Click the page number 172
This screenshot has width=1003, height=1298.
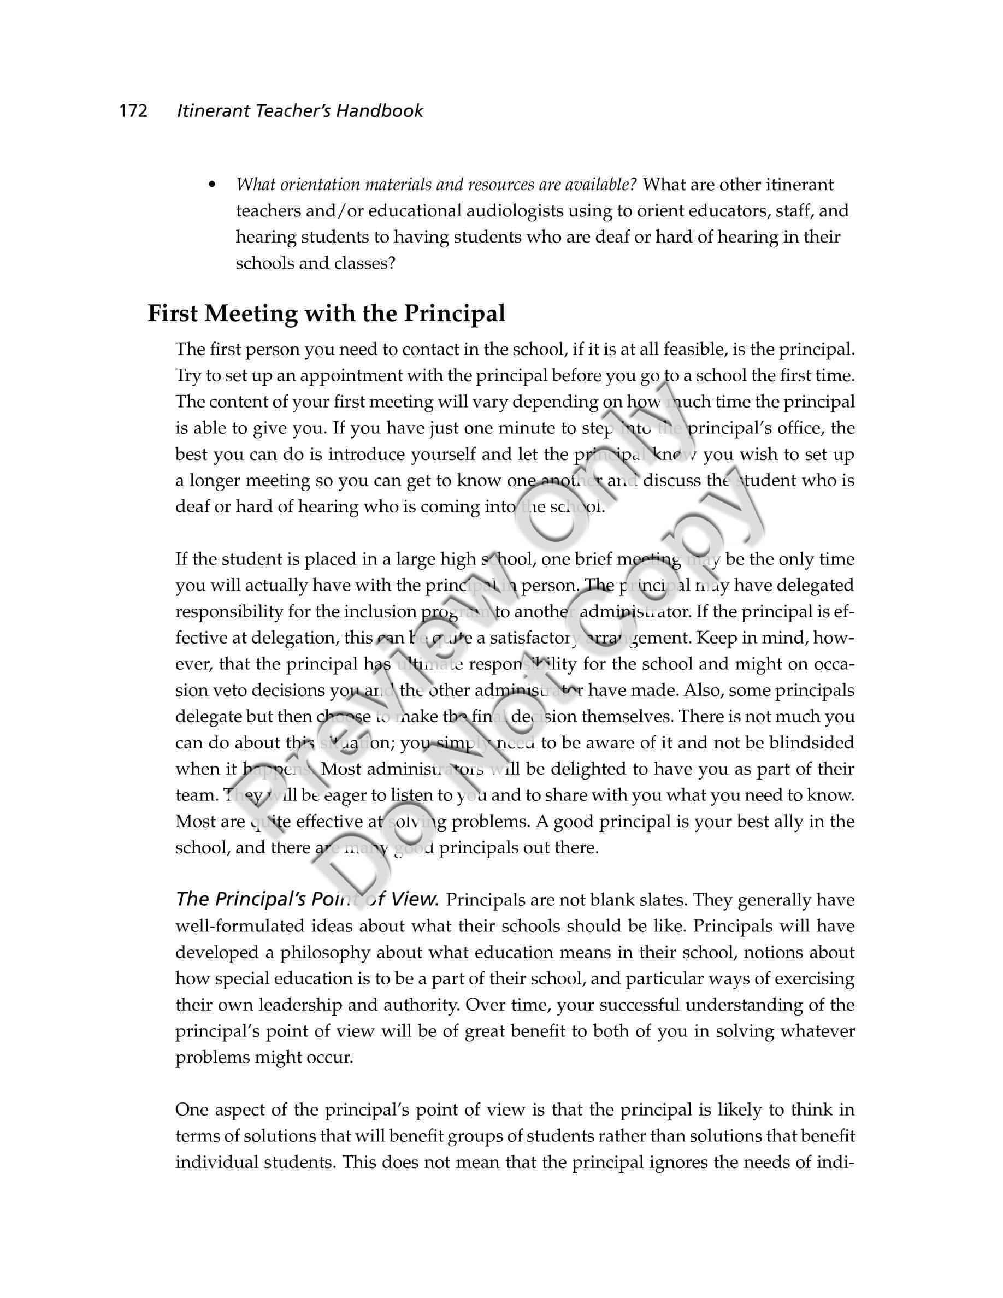[x=133, y=111]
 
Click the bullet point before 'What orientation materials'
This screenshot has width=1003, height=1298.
[x=211, y=185]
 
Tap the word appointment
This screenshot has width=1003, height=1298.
[x=344, y=376]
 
